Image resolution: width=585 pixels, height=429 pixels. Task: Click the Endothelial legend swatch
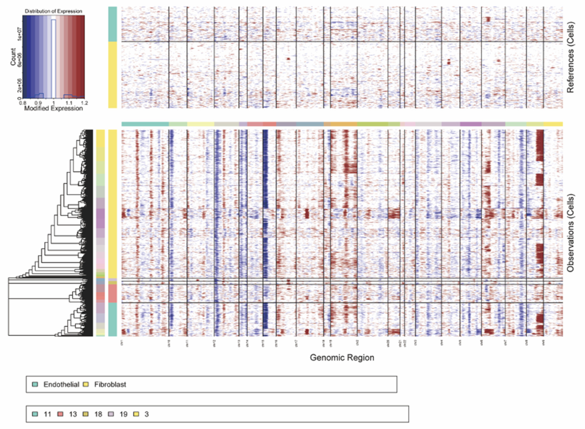(x=35, y=384)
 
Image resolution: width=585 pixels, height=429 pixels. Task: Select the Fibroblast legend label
(x=110, y=384)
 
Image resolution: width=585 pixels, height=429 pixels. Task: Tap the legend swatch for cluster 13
(x=60, y=414)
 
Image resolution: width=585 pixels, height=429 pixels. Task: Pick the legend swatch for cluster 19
(x=111, y=414)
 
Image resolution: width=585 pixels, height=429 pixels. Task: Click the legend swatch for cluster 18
(x=86, y=414)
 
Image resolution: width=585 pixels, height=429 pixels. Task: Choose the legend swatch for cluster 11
(x=35, y=414)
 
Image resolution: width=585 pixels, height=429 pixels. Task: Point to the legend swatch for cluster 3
(x=136, y=414)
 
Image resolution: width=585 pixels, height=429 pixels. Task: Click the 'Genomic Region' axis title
(x=342, y=357)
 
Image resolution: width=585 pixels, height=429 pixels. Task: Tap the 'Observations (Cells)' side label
(x=570, y=233)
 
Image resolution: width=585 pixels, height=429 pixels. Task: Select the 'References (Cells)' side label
(x=570, y=57)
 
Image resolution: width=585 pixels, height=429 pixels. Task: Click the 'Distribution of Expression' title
(x=53, y=11)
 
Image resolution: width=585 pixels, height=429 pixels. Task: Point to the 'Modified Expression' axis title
(x=53, y=108)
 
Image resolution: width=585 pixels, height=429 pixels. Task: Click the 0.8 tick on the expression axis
(x=23, y=103)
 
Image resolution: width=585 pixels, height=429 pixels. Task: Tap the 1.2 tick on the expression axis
(x=84, y=103)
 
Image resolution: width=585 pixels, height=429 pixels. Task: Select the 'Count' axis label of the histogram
(x=13, y=57)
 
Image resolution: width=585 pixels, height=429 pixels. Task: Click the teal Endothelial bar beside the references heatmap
(x=113, y=24)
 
